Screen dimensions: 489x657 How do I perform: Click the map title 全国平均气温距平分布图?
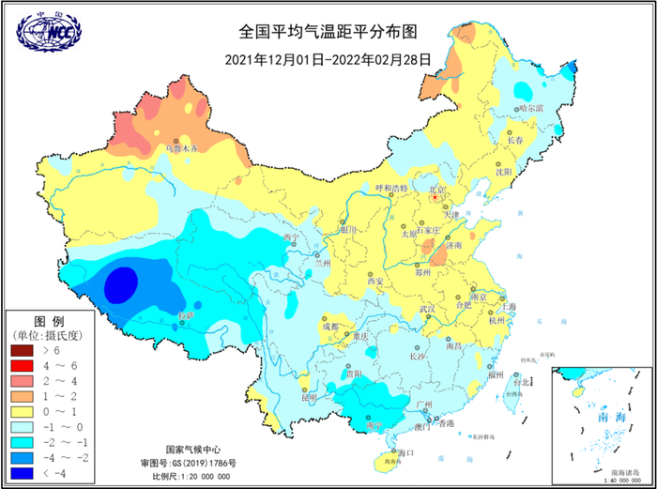[x=328, y=30]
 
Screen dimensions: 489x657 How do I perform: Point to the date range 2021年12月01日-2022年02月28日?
[x=328, y=58]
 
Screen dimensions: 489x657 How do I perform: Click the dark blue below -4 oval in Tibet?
[x=120, y=283]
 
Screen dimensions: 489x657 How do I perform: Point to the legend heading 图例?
[x=48, y=319]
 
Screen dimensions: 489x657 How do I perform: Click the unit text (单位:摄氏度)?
[x=48, y=334]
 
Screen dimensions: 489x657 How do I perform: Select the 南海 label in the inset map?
[x=597, y=416]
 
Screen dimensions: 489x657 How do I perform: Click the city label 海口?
[x=405, y=453]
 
